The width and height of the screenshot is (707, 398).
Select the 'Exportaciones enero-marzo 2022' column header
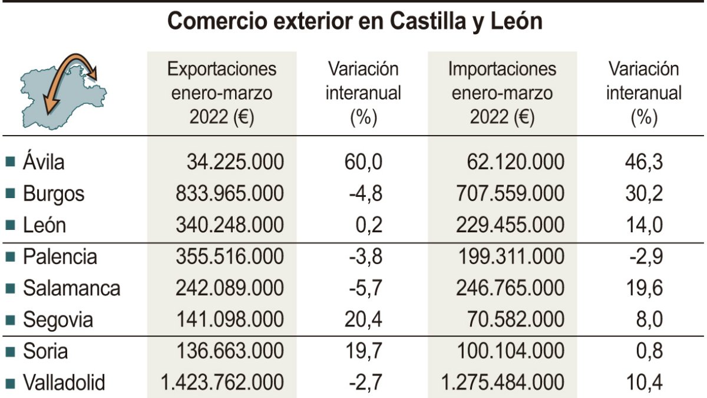tap(222, 93)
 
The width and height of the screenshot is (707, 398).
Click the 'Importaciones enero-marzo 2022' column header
tap(502, 93)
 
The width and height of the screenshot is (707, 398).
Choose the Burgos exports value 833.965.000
tap(230, 193)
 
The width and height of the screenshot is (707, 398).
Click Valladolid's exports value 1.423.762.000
tap(222, 383)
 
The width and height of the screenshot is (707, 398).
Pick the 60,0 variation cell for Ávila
tap(363, 162)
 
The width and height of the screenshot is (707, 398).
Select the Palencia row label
tap(60, 257)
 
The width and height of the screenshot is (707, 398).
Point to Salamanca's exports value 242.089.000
tap(230, 288)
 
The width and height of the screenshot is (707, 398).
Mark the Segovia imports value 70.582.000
tap(510, 320)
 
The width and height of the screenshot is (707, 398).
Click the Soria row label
tap(45, 351)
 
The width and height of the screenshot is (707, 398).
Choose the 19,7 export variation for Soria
tap(363, 351)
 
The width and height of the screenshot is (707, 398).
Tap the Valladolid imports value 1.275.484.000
tap(503, 383)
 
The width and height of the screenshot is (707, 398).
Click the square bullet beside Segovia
tap(9, 321)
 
